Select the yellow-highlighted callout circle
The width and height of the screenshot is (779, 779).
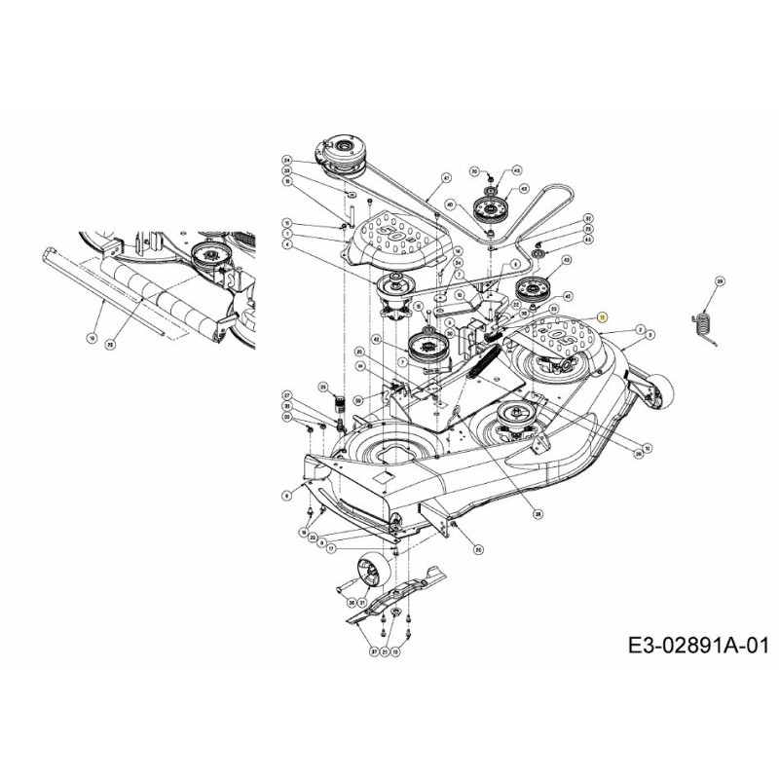(x=602, y=317)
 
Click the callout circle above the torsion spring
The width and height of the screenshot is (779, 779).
(x=720, y=281)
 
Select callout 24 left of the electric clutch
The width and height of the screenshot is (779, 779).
(x=287, y=160)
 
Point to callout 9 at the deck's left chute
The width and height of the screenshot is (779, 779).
(x=286, y=496)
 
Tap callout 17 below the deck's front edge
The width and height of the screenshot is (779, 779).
(x=331, y=548)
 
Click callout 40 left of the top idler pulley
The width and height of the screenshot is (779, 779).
(x=450, y=204)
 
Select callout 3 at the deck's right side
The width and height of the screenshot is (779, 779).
(x=638, y=331)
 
